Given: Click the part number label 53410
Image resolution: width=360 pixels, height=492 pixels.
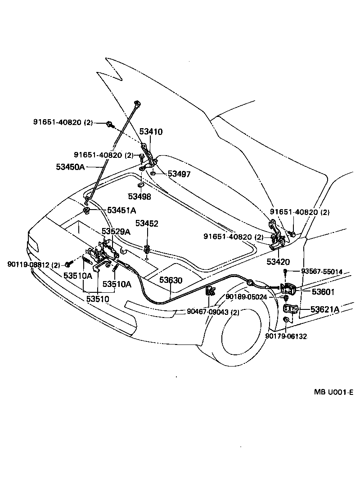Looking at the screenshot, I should (x=151, y=132).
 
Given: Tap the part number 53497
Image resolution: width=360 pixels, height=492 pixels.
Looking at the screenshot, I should (x=179, y=174).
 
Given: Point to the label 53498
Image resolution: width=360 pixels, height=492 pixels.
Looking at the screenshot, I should (x=139, y=197).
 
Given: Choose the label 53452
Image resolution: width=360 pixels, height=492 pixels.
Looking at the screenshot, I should (x=147, y=224).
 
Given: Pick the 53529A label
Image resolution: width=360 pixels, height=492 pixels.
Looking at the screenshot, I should (x=116, y=232).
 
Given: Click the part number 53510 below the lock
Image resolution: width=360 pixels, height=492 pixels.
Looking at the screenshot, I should (x=98, y=299).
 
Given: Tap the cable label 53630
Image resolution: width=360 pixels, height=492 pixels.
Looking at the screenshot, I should (x=171, y=280).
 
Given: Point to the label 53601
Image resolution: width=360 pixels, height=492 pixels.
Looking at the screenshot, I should (x=323, y=292).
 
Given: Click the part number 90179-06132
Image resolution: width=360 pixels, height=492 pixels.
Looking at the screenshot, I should (x=286, y=336).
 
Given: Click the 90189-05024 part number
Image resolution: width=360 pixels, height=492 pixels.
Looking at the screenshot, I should (x=247, y=297).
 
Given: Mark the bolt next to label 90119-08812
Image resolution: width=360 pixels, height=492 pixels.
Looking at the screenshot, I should (x=69, y=264).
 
